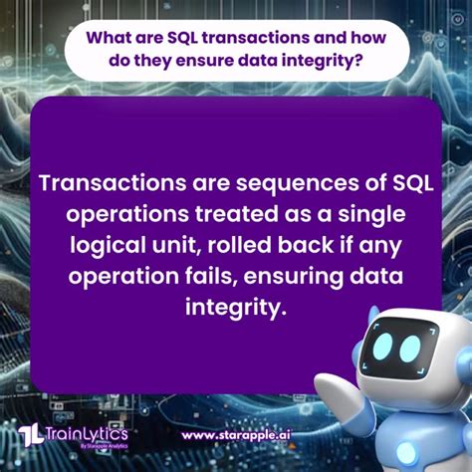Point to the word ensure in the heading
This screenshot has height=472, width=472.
199,63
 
